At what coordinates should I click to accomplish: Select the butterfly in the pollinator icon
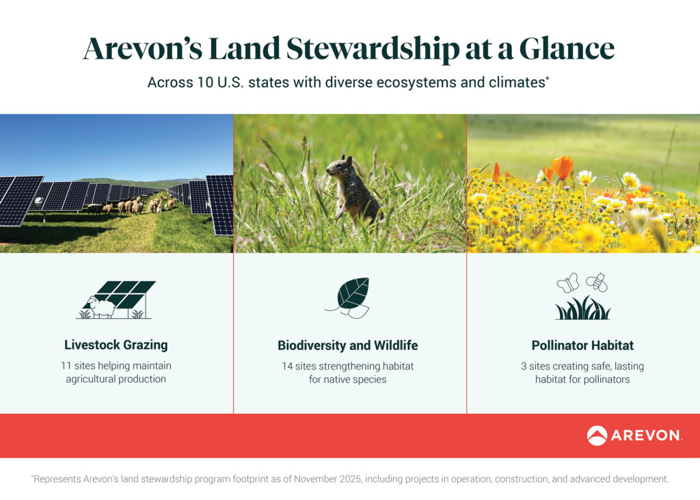click(x=567, y=282)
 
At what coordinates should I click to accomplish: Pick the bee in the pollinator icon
click(x=596, y=282)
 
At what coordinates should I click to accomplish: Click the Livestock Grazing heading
click(x=116, y=345)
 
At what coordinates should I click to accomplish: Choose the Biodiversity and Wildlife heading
click(x=347, y=345)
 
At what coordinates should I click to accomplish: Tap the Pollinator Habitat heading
click(x=582, y=345)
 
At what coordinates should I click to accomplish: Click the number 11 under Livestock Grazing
click(x=66, y=366)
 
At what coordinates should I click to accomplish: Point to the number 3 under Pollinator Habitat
click(x=524, y=366)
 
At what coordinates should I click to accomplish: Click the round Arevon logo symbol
click(x=597, y=436)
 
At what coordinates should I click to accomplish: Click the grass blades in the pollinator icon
click(x=582, y=308)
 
